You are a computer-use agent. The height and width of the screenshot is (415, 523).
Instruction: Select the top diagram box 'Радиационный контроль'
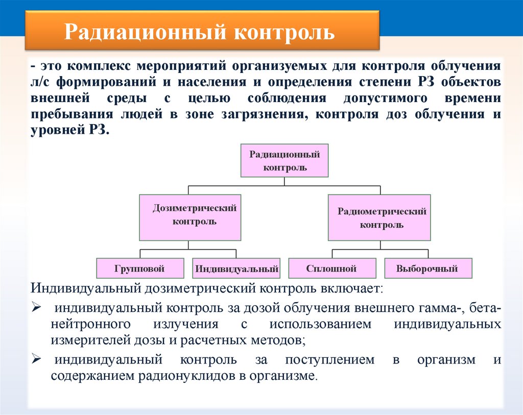284,160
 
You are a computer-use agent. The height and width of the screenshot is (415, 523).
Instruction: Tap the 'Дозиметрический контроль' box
190,217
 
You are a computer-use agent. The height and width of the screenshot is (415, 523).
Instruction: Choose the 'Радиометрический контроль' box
379,217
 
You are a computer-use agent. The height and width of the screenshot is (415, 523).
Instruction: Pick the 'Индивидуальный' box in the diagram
236,268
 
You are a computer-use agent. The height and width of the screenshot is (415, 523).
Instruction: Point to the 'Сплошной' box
331,268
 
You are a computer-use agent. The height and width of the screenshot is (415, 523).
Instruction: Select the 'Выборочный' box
427,268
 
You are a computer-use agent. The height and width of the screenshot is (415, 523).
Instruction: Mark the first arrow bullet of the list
36,309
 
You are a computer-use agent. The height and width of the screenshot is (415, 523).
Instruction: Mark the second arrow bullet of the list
36,359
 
